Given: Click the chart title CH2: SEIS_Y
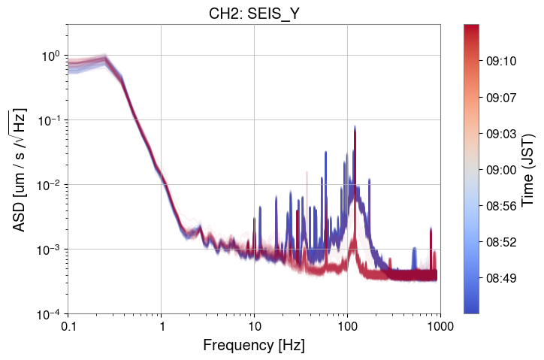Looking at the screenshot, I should pos(253,14).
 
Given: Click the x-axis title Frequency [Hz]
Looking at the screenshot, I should pos(253,346).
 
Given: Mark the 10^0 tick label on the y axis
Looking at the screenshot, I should pos(51,56).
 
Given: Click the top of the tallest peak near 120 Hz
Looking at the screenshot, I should pos(355,126).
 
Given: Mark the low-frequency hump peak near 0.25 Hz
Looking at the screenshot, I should pos(105,56).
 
